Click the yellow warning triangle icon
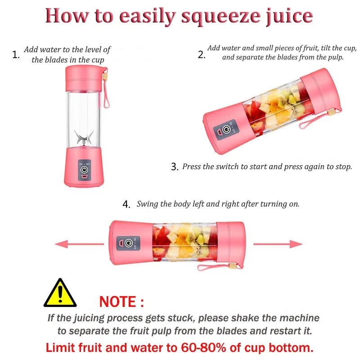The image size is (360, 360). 60,293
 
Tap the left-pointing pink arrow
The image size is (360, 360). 67,244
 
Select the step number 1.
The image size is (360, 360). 16,55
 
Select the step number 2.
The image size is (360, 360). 201,55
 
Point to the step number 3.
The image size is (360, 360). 175,167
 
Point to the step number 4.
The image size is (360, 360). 126,204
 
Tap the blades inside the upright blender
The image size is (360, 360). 84,137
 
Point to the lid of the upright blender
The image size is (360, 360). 84,78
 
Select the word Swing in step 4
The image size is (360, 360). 148,204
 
